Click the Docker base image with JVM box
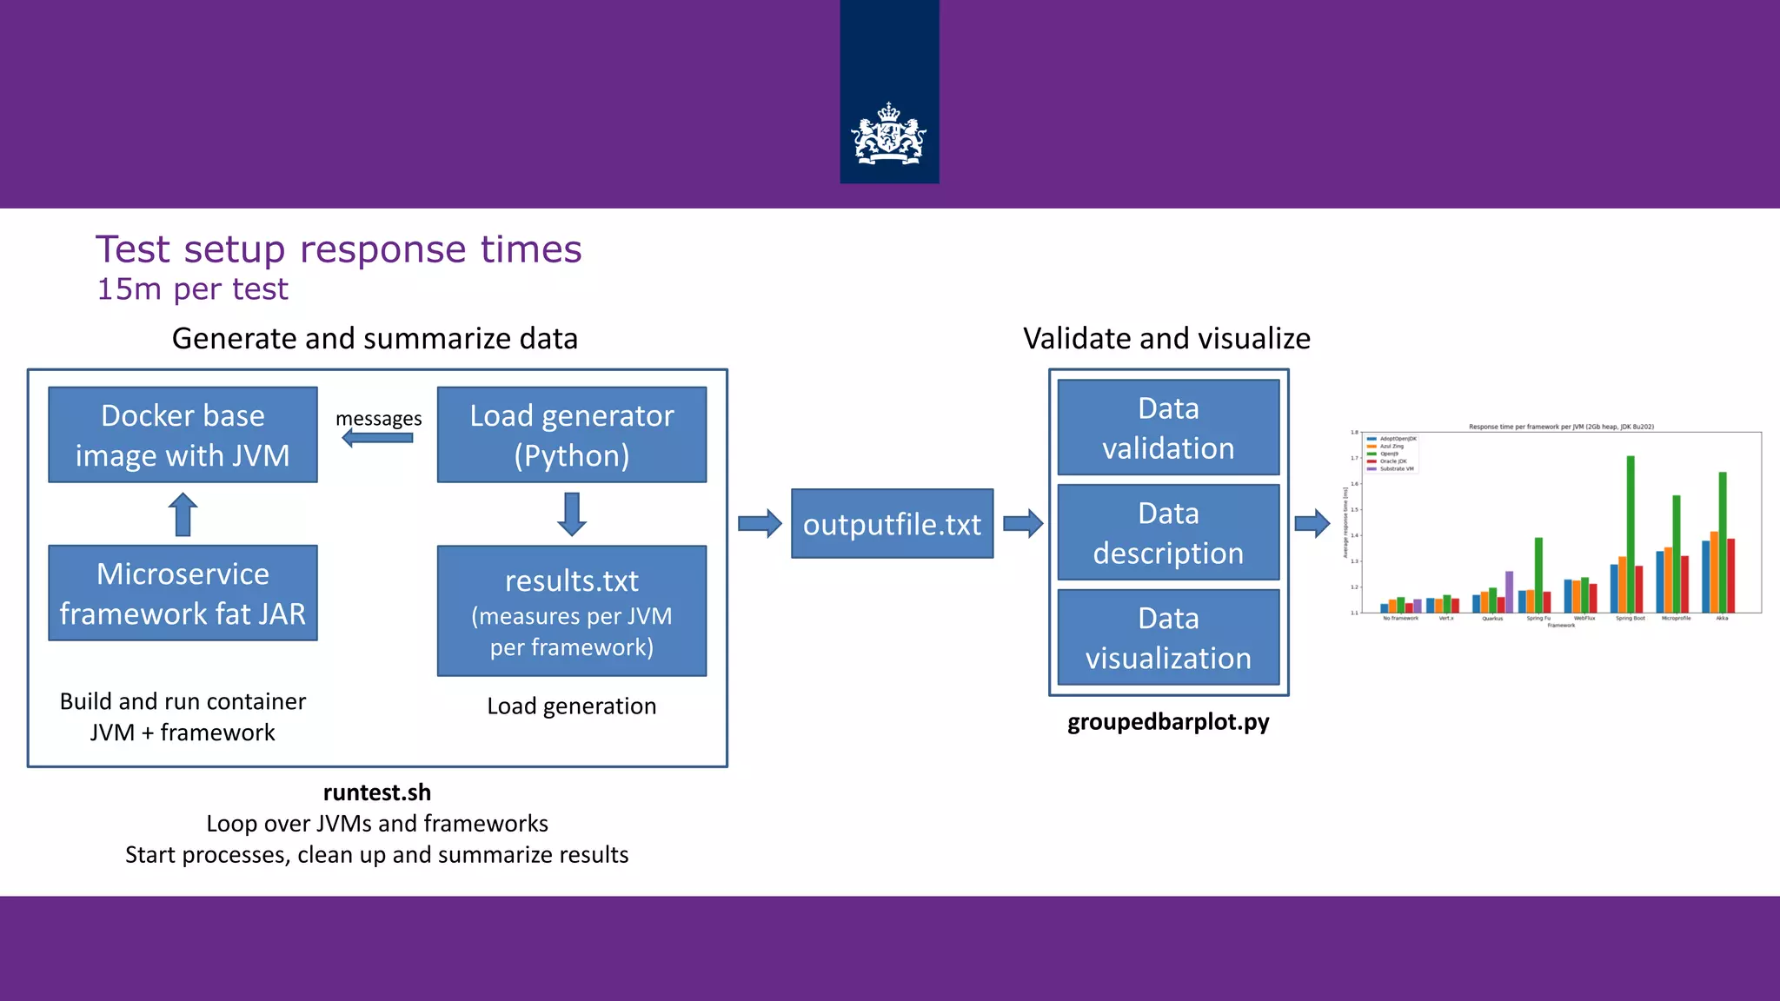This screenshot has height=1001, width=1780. pos(183,434)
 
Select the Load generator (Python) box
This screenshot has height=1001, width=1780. pos(571,434)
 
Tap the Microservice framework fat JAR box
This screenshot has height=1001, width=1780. pos(183,593)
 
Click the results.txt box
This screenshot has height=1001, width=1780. pos(571,610)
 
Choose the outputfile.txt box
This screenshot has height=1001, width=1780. pos(892,523)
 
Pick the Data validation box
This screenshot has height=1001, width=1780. pos(1168,428)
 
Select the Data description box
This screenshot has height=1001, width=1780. pos(1168,532)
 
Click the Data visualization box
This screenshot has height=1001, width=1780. pos(1168,637)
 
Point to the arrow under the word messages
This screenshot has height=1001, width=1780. pos(377,438)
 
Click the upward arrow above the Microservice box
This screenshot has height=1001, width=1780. pos(183,514)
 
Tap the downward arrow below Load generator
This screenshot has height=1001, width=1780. pos(571,514)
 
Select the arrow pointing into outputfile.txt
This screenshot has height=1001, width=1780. pos(760,524)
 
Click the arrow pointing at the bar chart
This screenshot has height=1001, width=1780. pos(1312,524)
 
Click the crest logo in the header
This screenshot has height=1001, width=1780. pos(889,135)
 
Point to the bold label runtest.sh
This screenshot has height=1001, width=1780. pos(377,792)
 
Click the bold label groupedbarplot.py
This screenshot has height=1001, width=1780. pos(1168,722)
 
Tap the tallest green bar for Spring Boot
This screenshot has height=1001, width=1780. pos(1631,534)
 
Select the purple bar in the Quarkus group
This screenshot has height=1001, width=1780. pos(1509,591)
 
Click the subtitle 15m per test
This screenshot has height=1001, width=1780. pos(192,289)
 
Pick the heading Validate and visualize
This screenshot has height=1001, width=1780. pos(1166,338)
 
